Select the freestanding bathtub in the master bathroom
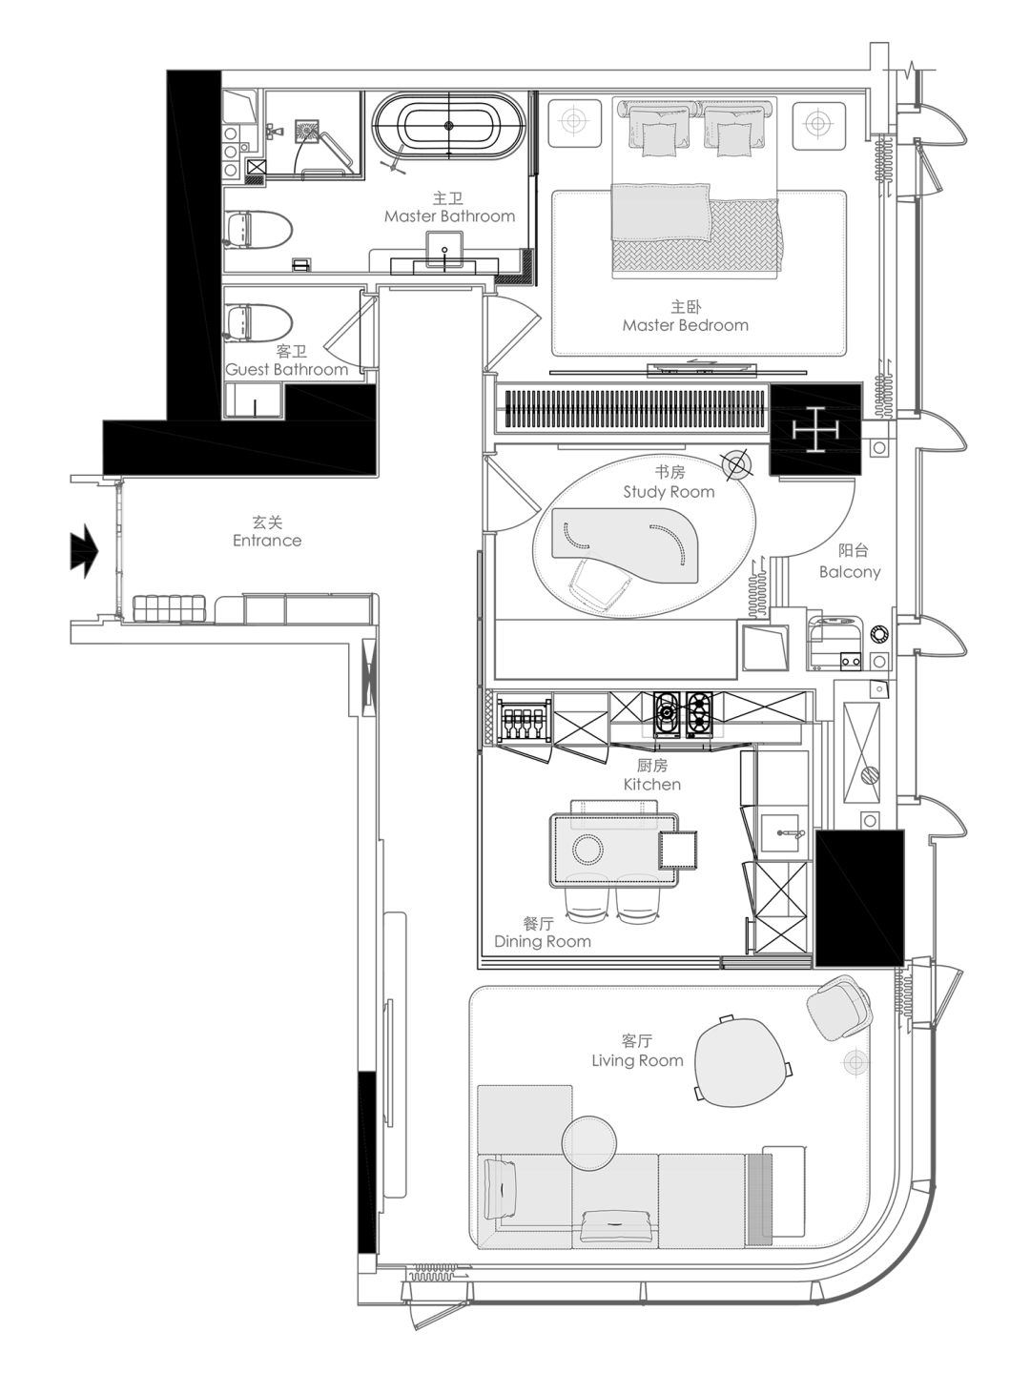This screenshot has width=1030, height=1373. pyautogui.click(x=448, y=125)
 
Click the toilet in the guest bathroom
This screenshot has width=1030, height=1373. pyautogui.click(x=258, y=323)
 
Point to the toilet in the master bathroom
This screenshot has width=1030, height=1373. pyautogui.click(x=257, y=229)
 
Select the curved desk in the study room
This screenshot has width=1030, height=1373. pyautogui.click(x=625, y=544)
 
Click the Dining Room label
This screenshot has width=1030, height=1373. pyautogui.click(x=543, y=941)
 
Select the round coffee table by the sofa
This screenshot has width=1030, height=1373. pyautogui.click(x=589, y=1143)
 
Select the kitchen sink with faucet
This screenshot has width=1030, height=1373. pyautogui.click(x=779, y=833)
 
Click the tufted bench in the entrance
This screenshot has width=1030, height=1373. pyautogui.click(x=169, y=608)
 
